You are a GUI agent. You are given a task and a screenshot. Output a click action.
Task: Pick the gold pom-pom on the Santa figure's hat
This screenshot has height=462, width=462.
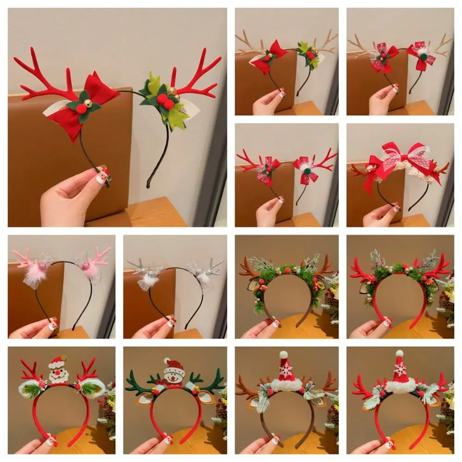(x=64, y=358)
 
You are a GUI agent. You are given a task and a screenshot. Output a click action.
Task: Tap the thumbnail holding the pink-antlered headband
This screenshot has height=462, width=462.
(x=52, y=325)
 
